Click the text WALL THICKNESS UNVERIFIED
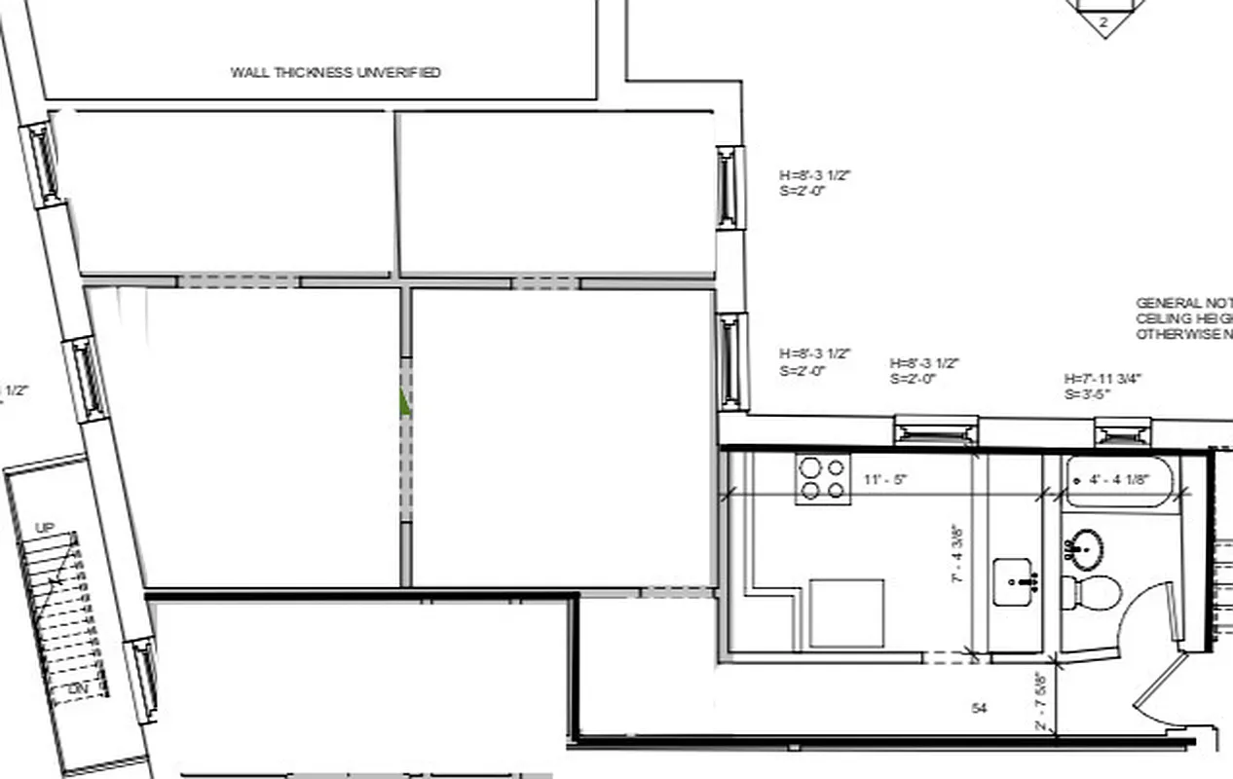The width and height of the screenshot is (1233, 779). point(335,72)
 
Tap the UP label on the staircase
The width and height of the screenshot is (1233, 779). point(45,528)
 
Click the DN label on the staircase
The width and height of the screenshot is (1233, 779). point(79,689)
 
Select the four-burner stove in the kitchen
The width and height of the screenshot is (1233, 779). point(823,478)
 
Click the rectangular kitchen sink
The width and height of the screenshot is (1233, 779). point(1013,582)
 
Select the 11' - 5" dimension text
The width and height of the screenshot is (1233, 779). point(885,479)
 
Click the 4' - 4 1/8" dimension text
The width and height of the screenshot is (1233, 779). point(1120,479)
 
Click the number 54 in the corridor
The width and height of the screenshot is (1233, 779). point(980,708)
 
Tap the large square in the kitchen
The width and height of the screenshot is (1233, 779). point(846,613)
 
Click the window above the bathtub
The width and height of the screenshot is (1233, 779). point(1123,429)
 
